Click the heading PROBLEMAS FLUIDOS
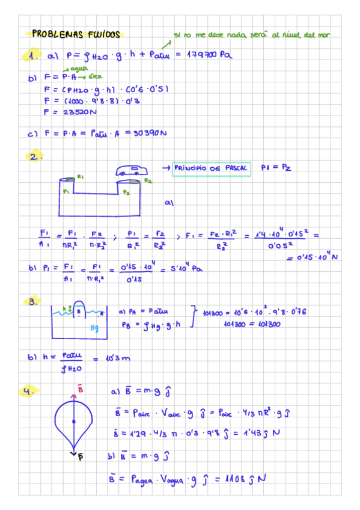click(x=76, y=34)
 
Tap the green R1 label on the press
click(x=81, y=177)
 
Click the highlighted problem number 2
click(x=34, y=158)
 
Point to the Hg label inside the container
click(x=94, y=328)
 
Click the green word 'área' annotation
click(x=94, y=77)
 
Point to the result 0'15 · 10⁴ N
click(x=313, y=257)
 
